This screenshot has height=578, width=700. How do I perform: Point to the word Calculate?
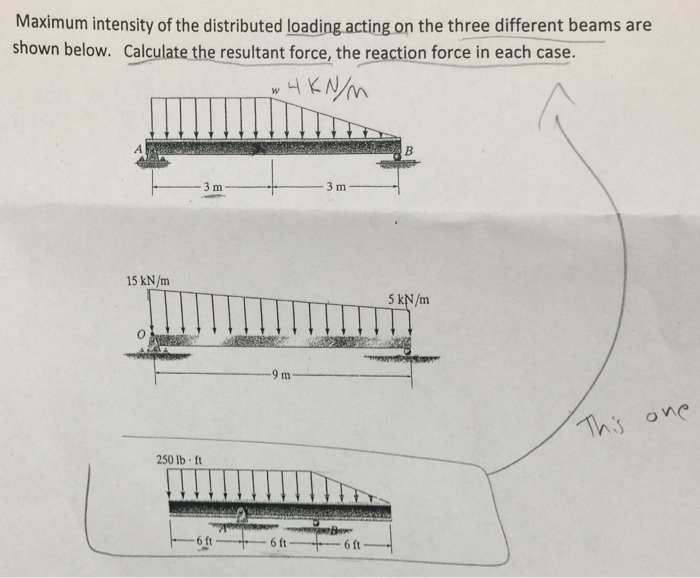[x=168, y=50]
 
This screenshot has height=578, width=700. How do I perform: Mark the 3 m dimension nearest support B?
[x=334, y=187]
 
